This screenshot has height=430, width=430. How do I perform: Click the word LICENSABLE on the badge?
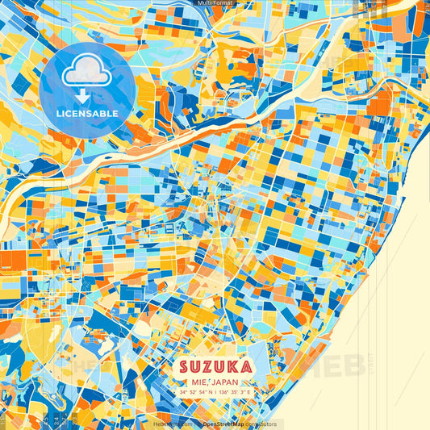(87, 114)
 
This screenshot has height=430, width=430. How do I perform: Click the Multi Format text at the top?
(215, 3)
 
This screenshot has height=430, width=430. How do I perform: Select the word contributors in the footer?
(262, 424)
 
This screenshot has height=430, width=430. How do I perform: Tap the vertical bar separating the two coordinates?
(215, 393)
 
